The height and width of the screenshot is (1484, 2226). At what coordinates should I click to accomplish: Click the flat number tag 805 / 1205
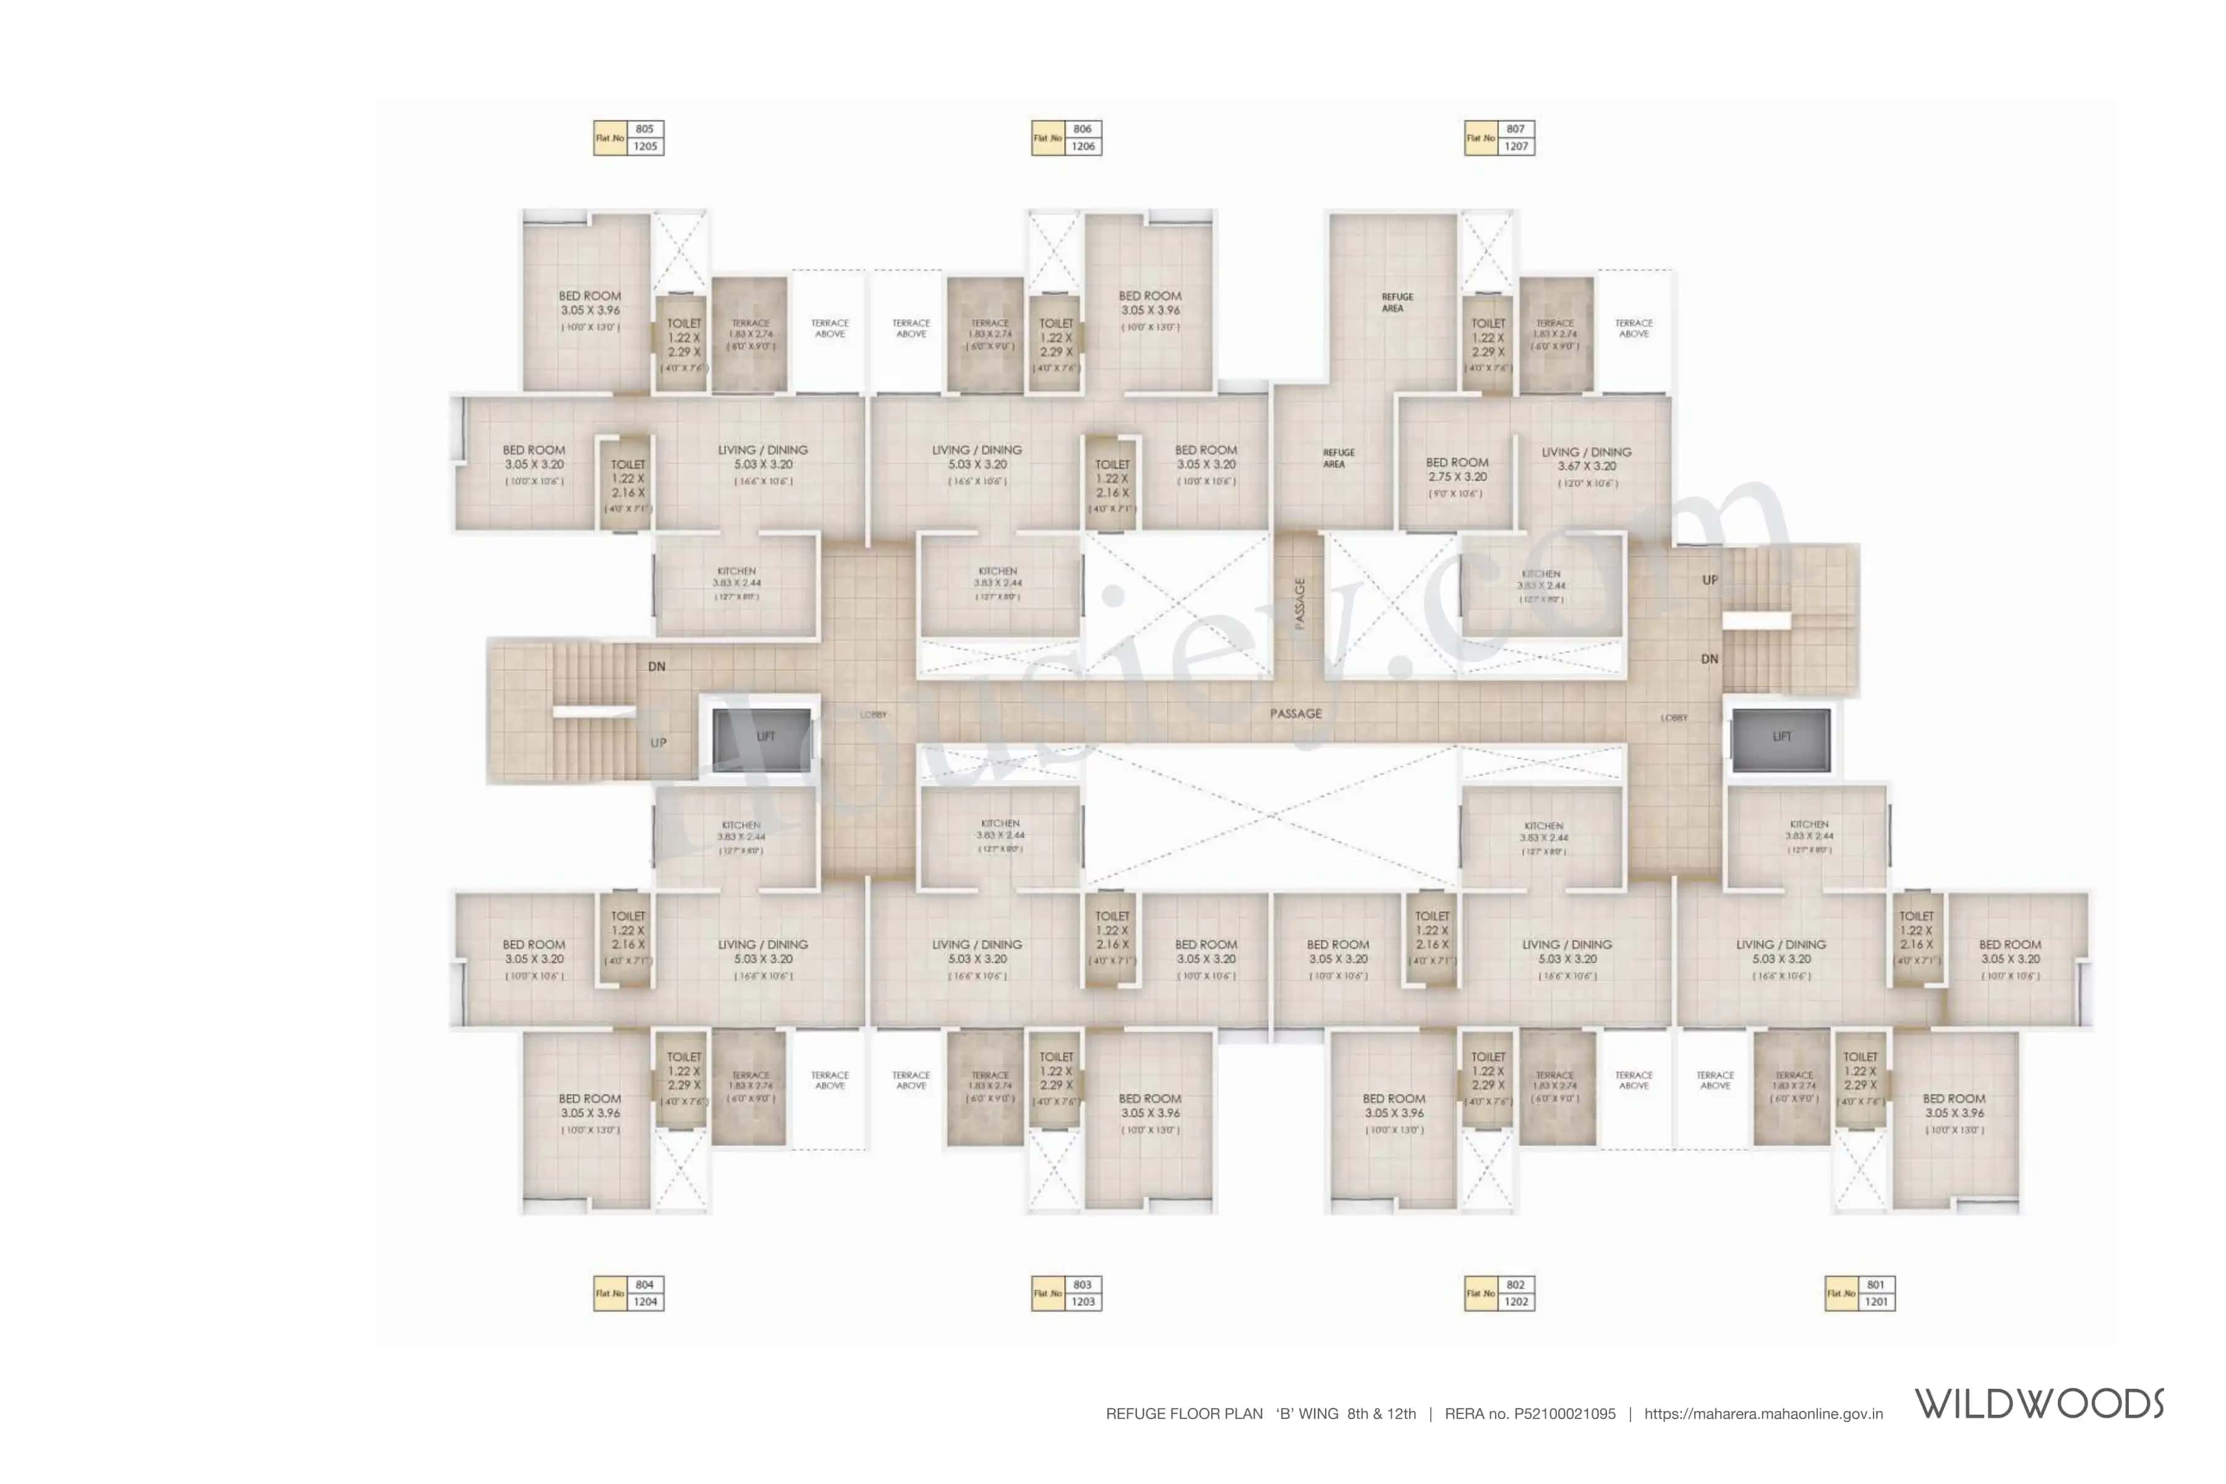click(628, 138)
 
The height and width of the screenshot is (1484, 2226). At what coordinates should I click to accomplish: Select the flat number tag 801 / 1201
click(1860, 1293)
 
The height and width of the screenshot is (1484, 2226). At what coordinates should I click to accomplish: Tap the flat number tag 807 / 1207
click(1499, 138)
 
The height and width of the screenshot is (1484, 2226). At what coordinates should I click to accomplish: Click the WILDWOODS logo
click(2039, 1404)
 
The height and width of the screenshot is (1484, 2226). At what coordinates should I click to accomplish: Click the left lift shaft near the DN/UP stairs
click(762, 736)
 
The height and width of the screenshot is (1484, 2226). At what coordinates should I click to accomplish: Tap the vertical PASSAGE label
click(1300, 604)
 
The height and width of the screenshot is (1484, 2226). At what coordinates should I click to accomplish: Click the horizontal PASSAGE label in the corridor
click(1295, 714)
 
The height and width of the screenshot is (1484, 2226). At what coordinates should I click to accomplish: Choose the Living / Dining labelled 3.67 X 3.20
click(1586, 466)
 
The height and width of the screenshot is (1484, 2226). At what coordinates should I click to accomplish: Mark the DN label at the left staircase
click(657, 667)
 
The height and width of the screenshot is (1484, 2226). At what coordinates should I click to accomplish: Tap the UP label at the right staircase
click(1709, 580)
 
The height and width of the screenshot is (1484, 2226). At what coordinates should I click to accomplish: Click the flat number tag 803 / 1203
click(1067, 1293)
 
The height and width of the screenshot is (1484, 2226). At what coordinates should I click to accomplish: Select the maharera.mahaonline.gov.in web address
click(1763, 1414)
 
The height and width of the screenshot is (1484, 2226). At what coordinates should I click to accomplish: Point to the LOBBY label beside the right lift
click(1673, 717)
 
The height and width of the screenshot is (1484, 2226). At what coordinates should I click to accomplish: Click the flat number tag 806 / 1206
click(1067, 138)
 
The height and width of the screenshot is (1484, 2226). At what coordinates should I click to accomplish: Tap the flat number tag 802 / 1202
click(1499, 1293)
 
